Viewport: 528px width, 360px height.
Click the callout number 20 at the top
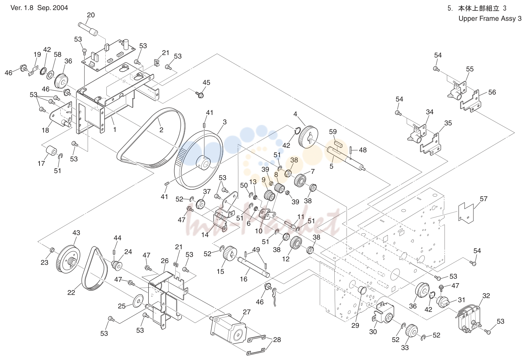pos(91,15)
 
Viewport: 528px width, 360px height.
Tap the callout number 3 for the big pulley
pos(225,122)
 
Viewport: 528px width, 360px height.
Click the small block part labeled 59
pos(339,144)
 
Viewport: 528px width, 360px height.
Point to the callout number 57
pos(483,199)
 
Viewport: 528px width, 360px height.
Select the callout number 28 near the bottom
pos(277,340)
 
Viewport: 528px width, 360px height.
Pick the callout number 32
pos(486,296)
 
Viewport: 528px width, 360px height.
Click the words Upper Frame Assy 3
pos(490,19)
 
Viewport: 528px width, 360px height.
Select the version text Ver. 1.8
pos(23,8)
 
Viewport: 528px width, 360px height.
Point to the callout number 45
pos(206,83)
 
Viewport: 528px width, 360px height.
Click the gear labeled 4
pos(308,137)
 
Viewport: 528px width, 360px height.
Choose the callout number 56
pos(492,92)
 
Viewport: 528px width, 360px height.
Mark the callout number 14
pos(205,235)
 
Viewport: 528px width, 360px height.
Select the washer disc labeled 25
pos(138,301)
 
